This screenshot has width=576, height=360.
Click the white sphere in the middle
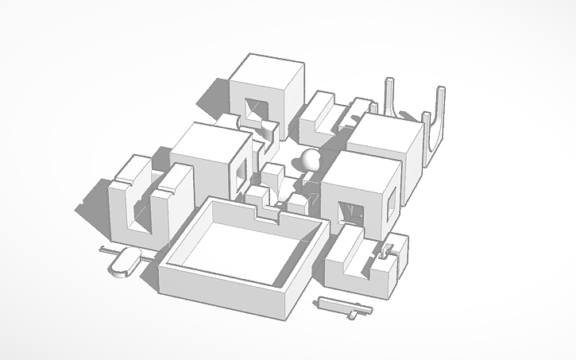308,159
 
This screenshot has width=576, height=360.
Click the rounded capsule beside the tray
124,262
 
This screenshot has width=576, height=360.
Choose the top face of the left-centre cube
210,141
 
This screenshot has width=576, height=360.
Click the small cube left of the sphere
275,176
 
